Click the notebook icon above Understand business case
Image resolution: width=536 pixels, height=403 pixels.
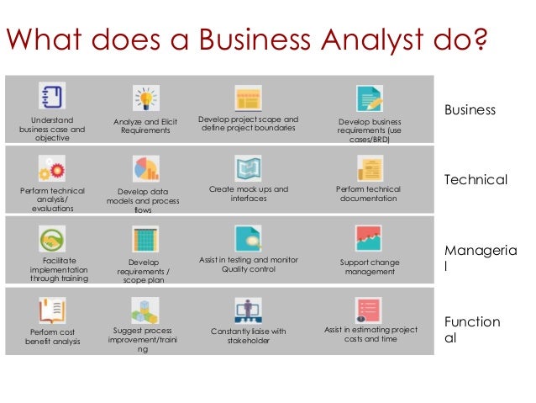click(x=52, y=95)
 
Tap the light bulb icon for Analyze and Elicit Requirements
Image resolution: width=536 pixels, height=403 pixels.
click(x=146, y=98)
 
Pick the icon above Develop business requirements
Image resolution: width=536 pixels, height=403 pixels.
click(x=369, y=98)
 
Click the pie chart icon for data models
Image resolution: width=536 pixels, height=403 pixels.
click(x=146, y=168)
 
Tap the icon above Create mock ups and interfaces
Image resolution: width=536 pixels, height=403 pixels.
click(x=247, y=168)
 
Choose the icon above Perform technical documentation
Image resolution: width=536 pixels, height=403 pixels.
click(x=369, y=169)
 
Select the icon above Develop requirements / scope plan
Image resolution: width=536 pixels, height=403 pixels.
click(x=146, y=240)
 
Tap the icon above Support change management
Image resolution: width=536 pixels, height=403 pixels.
click(x=369, y=239)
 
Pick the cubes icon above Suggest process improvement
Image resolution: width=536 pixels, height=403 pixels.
click(x=146, y=310)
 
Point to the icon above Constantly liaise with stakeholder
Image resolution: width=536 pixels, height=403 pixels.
click(x=247, y=310)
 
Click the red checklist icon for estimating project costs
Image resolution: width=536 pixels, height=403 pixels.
click(x=369, y=310)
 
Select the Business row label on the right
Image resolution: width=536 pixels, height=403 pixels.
click(x=470, y=110)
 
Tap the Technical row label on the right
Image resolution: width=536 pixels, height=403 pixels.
click(x=476, y=180)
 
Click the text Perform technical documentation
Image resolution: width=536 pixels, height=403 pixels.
click(x=369, y=194)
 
